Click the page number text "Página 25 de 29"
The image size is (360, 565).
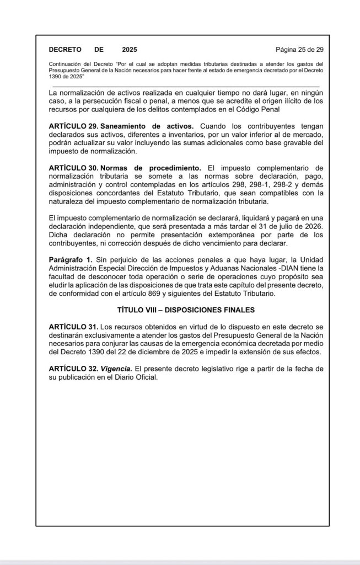299,49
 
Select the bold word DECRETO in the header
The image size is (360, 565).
65,49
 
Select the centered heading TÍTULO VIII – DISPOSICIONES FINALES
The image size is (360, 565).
186,310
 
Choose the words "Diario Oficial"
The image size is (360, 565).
135,376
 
